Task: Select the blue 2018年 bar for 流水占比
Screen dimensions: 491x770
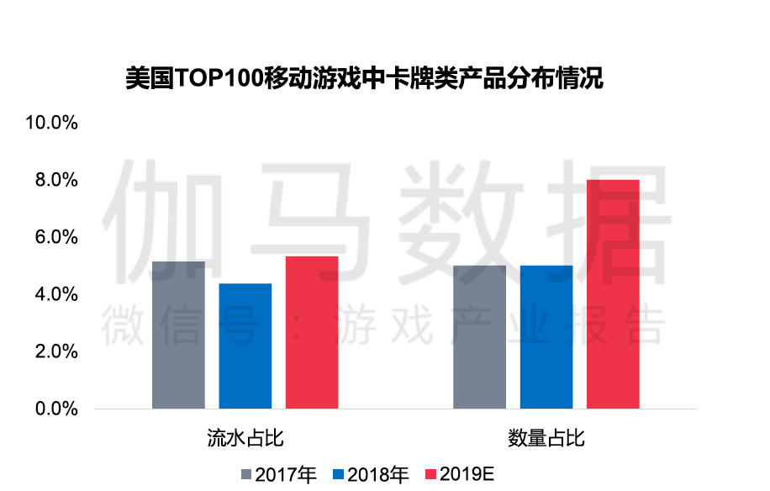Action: tap(245, 346)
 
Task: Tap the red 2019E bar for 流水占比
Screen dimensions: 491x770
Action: tap(312, 332)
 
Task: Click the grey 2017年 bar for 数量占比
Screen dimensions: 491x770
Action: tap(479, 337)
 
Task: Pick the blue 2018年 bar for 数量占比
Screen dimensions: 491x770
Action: tap(546, 337)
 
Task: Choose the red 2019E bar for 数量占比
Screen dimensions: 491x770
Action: tap(613, 294)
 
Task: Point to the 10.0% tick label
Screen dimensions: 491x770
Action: tap(52, 123)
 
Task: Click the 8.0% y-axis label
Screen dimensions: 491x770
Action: tap(56, 180)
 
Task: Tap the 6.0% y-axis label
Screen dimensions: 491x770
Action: tap(56, 237)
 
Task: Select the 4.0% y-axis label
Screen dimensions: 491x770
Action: tap(56, 294)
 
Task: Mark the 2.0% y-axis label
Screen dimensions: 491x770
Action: tap(56, 351)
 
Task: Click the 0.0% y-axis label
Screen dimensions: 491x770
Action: tap(56, 409)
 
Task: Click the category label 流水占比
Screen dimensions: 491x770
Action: tap(245, 438)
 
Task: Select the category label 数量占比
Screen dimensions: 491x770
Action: tap(546, 438)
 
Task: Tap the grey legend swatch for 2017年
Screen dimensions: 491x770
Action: tap(246, 474)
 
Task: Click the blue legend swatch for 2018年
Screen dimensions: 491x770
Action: tap(339, 474)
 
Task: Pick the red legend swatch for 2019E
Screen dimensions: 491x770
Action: tap(431, 474)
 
